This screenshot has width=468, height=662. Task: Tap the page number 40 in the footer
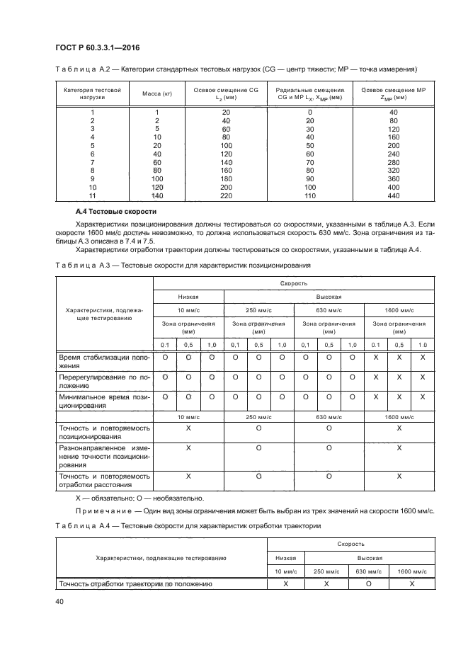click(x=59, y=602)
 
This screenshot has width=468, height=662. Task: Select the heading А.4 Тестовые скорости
click(x=115, y=212)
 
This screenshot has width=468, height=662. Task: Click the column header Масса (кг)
click(x=157, y=93)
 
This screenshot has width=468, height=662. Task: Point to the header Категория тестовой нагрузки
click(x=92, y=93)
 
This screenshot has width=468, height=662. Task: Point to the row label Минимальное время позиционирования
click(x=104, y=401)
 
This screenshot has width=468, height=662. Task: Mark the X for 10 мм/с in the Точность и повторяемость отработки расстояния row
click(x=188, y=477)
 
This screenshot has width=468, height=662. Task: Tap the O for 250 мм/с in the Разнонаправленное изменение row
click(x=258, y=448)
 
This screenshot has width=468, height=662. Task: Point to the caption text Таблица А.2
click(x=81, y=69)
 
